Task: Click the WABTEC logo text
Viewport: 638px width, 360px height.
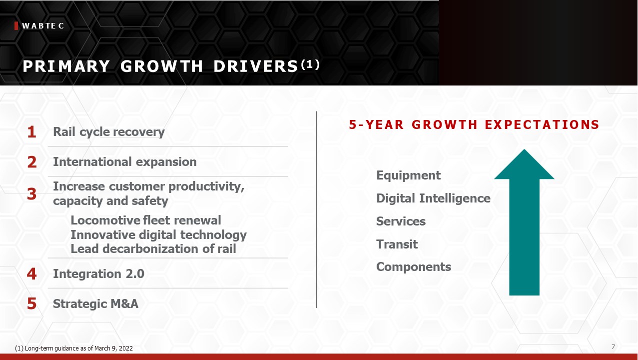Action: [43, 26]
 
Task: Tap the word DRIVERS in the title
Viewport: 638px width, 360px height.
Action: [255, 66]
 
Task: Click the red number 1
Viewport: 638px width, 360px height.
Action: [31, 132]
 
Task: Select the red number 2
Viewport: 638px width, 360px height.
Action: [32, 162]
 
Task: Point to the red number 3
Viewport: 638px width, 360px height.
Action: [31, 194]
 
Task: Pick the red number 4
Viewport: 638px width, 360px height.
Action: [31, 274]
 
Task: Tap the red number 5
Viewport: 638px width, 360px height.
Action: [31, 303]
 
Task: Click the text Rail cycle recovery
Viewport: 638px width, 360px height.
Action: [109, 132]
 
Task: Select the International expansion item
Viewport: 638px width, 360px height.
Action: [125, 162]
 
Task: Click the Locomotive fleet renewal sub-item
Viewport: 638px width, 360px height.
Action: [145, 220]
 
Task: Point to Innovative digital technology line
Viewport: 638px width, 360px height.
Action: [158, 235]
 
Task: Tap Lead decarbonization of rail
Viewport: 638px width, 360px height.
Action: [153, 249]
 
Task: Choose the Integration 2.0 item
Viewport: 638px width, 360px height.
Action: [98, 274]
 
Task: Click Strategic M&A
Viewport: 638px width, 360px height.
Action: [95, 303]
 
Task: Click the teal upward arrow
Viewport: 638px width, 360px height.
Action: [524, 222]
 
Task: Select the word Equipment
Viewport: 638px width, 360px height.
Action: [409, 175]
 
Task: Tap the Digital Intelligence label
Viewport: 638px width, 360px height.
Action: [433, 198]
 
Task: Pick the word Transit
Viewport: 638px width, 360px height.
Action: [397, 244]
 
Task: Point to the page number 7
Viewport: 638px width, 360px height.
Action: [613, 347]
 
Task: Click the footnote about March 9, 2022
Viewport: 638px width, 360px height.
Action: [74, 348]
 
